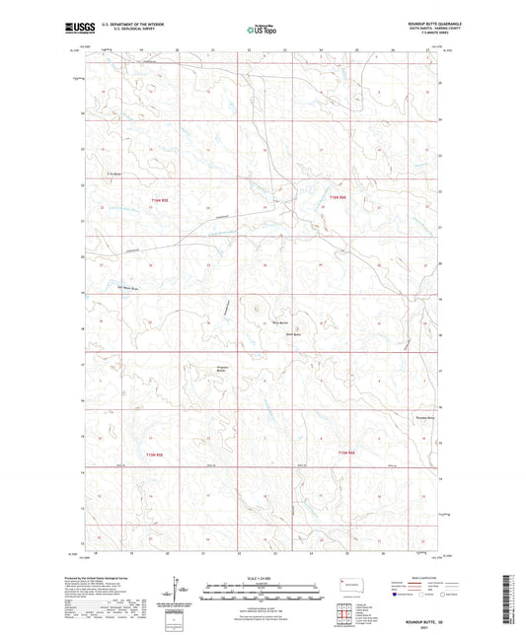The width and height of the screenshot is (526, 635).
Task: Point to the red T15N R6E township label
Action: coord(347,454)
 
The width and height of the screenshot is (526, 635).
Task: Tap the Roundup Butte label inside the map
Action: coord(424,418)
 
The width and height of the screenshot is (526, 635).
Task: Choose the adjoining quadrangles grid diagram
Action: coord(347,613)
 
